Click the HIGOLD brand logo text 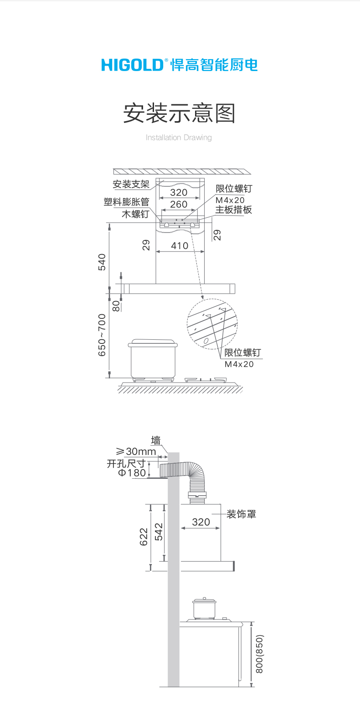[x=132, y=65]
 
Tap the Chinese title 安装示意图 [x=179, y=113]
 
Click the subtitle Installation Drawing [x=179, y=137]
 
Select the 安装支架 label [x=131, y=184]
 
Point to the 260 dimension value [x=179, y=205]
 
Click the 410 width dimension [x=180, y=246]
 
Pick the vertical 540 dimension [x=102, y=262]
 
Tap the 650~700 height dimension [x=102, y=335]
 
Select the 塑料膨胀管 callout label [x=126, y=202]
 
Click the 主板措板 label [x=233, y=210]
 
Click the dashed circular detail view [x=213, y=324]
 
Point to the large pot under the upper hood [x=153, y=358]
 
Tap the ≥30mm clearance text [x=136, y=451]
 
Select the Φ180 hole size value [x=132, y=473]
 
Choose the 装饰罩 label [x=242, y=514]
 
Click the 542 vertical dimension [x=159, y=532]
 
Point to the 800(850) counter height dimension [x=260, y=654]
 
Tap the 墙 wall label [x=156, y=440]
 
